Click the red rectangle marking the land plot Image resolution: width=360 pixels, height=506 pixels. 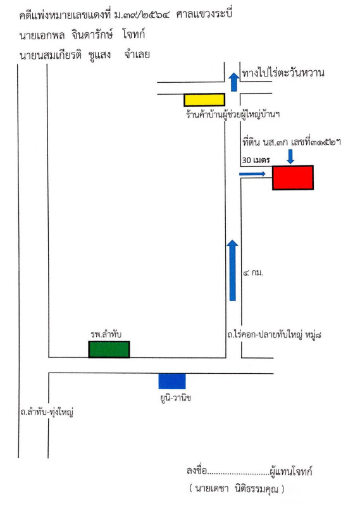pos(293,178)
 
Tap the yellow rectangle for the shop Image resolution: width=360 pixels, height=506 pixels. pos(204,100)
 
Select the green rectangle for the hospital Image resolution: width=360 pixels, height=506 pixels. pos(109,349)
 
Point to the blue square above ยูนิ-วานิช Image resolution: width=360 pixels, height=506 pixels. pos(171,381)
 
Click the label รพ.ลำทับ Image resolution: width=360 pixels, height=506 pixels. pos(106,335)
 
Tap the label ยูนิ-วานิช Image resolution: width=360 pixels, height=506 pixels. pos(176,398)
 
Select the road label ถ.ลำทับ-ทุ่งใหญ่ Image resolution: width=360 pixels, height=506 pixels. pos(47,412)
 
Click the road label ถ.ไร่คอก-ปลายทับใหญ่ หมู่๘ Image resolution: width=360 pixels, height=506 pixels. pos(274,335)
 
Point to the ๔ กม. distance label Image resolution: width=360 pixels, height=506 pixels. pos(253,273)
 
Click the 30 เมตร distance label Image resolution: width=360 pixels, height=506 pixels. pos(256,160)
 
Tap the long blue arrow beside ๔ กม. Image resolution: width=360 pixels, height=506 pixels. pos(232,271)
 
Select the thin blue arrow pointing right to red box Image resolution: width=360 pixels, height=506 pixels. pos(252,175)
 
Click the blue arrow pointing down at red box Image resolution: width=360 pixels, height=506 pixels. pos(290,156)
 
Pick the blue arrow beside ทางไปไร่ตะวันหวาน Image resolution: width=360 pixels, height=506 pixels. pos(233,82)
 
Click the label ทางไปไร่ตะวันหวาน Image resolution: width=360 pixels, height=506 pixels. pos(283,73)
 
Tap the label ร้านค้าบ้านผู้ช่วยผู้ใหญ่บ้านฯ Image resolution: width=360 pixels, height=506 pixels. pos(233,114)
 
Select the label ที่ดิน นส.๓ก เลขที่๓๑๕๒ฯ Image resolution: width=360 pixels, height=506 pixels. pos(292,142)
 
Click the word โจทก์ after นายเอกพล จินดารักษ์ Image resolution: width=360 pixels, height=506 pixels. pos(134,34)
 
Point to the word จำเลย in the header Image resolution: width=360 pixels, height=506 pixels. pos(137,54)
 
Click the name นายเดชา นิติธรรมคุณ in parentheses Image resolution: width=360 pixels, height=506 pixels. pos(237,488)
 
